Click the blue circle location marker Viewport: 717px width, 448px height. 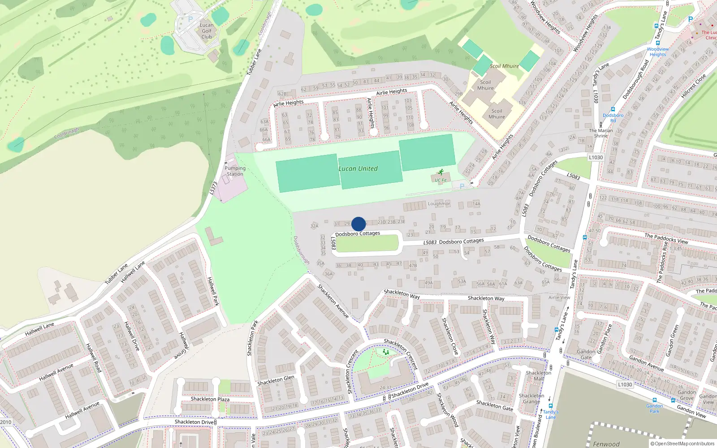(x=358, y=224)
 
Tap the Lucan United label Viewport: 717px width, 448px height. (x=358, y=169)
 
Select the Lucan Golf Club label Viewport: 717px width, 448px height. (x=207, y=31)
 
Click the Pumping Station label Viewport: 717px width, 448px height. (x=235, y=171)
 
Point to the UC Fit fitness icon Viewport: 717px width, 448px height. (x=441, y=172)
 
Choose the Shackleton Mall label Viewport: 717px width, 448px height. (x=539, y=376)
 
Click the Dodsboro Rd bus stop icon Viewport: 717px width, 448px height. (x=613, y=109)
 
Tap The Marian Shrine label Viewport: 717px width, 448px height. (x=600, y=133)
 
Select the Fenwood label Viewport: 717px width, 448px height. (x=606, y=444)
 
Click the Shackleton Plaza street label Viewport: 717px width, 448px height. (x=210, y=399)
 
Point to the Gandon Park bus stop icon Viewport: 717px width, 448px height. (x=654, y=400)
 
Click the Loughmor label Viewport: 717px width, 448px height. (x=439, y=204)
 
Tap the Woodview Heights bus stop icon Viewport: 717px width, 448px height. (x=658, y=43)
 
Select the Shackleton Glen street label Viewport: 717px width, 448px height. (x=276, y=380)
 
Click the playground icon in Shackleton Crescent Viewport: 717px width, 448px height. (x=386, y=353)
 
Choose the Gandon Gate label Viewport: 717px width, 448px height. (x=586, y=354)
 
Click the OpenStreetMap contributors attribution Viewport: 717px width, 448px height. (x=682, y=444)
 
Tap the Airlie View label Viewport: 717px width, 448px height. (x=559, y=297)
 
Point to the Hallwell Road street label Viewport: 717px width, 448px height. (x=94, y=358)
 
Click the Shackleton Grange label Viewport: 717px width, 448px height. (x=531, y=399)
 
